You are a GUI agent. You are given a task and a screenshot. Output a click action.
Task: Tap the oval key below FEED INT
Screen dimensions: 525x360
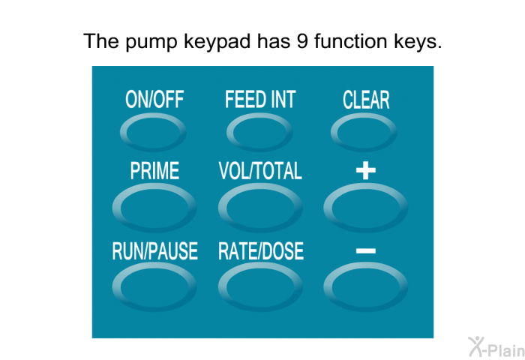[x=259, y=132]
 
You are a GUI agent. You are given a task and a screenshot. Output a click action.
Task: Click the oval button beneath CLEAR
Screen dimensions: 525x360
[x=364, y=132]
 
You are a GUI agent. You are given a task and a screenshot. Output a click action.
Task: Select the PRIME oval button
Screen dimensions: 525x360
[x=154, y=208]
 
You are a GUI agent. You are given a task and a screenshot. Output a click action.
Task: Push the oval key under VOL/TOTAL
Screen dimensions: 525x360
[x=260, y=208]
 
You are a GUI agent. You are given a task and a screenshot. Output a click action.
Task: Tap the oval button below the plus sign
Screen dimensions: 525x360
[x=366, y=208]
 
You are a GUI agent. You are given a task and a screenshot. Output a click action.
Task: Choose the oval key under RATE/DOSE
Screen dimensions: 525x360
[x=260, y=287]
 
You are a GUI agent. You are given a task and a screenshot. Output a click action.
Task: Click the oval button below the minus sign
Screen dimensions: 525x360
[x=366, y=287]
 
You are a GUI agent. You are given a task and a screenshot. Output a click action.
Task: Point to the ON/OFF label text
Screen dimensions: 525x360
[x=154, y=100]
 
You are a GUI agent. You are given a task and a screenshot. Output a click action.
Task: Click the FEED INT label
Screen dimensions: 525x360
[x=260, y=100]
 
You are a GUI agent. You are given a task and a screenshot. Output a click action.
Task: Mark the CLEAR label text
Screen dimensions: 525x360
[x=366, y=100]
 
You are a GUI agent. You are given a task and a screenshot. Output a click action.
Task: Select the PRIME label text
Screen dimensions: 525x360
[x=154, y=171]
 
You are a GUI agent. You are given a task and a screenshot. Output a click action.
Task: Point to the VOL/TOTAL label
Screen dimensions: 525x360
[x=260, y=171]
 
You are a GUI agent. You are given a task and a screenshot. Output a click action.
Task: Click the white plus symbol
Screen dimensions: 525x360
[x=366, y=170]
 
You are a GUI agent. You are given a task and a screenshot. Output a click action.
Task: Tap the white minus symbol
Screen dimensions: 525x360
[x=366, y=250]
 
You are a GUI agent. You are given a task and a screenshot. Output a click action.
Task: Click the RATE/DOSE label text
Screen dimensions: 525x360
[x=261, y=251]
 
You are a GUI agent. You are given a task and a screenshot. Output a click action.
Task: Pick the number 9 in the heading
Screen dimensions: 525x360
[x=302, y=41]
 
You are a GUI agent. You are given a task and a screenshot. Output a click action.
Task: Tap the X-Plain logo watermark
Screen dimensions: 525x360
[x=496, y=347]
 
